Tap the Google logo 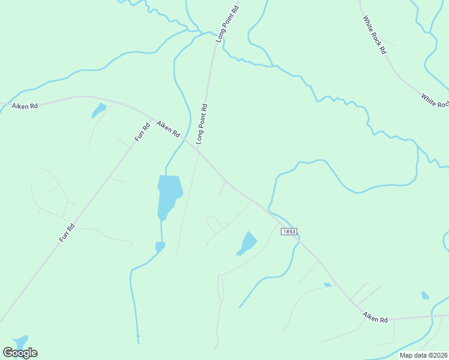[x=20, y=353]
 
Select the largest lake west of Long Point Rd [x=169, y=195]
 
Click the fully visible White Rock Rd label [x=375, y=35]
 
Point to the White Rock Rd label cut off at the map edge [x=435, y=100]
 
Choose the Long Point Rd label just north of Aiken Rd [x=202, y=124]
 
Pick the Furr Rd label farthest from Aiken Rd [x=67, y=232]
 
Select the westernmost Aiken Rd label [x=25, y=106]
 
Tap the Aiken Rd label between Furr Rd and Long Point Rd [x=168, y=130]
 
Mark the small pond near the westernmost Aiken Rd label [x=98, y=110]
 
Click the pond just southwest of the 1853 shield [x=247, y=243]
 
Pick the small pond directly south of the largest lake [x=160, y=247]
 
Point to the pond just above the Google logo [x=21, y=341]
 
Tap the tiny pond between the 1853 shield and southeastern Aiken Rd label [x=327, y=284]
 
